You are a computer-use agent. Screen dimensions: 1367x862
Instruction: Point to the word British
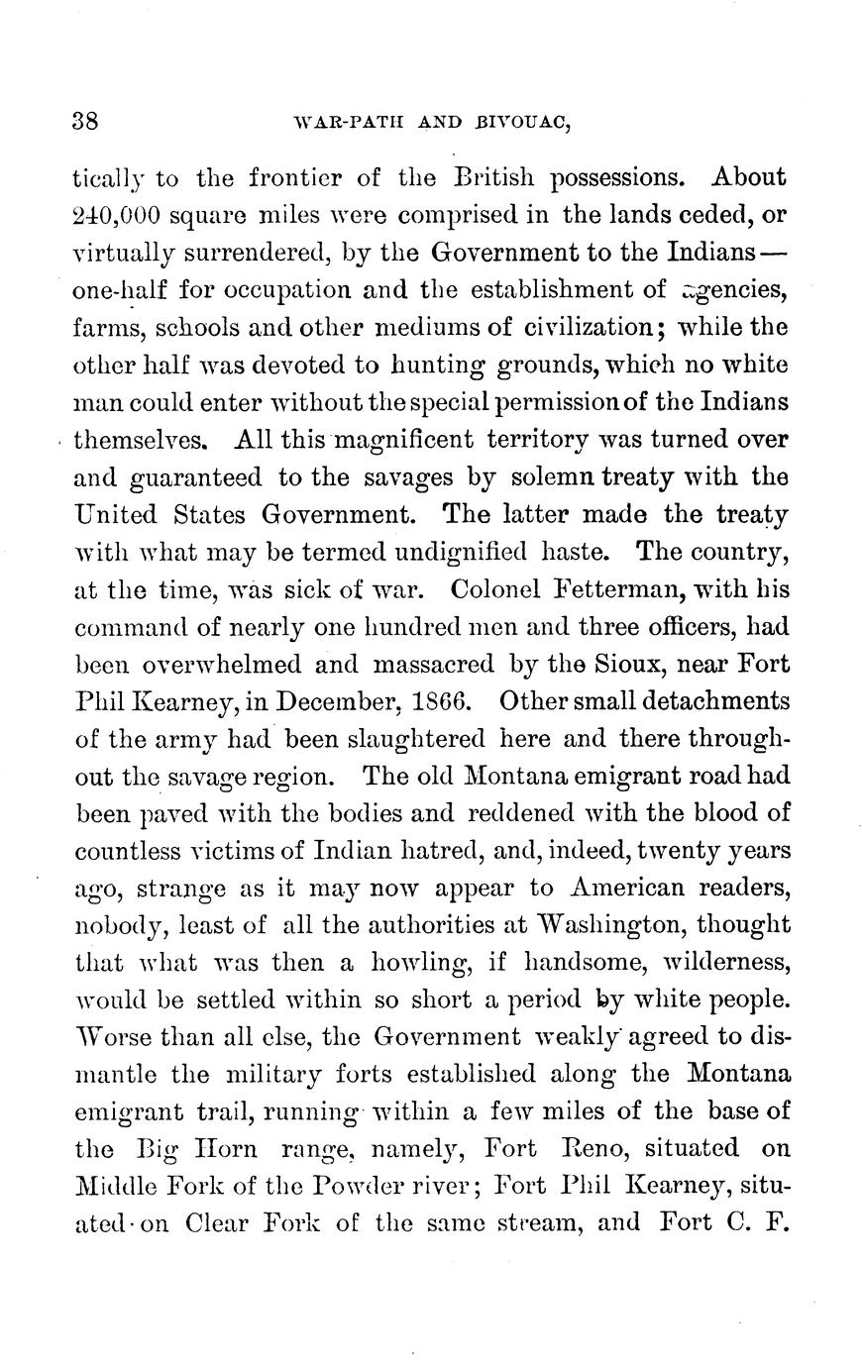click(494, 178)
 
